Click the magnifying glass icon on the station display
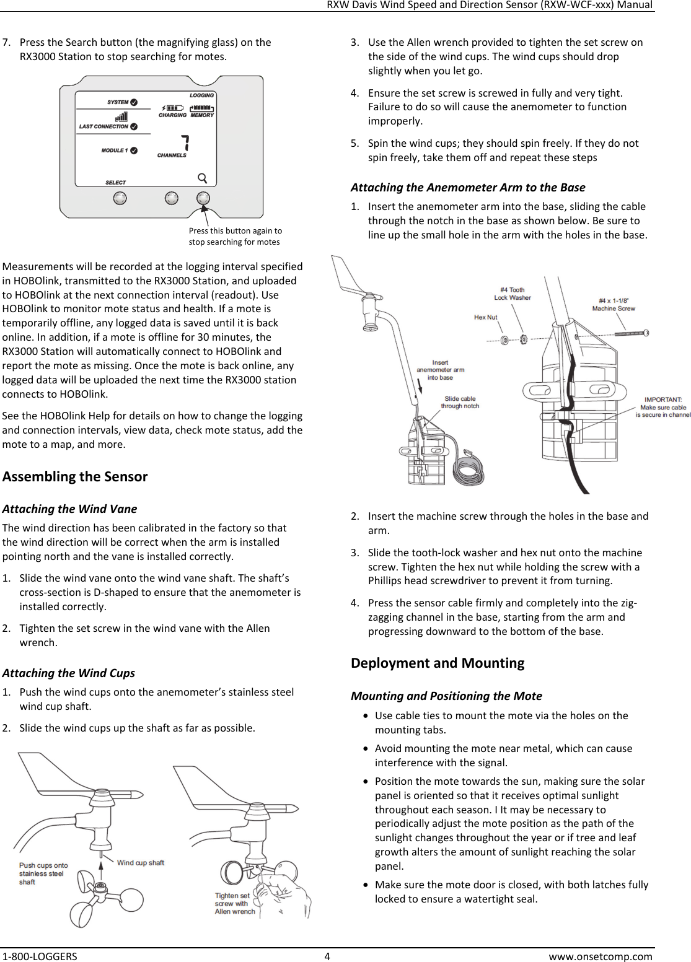click(x=202, y=178)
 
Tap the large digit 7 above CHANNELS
click(x=184, y=142)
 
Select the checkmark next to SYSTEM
click(x=134, y=102)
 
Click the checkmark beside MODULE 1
click(x=134, y=151)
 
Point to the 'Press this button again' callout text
click(x=235, y=236)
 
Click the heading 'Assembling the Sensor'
click(x=75, y=476)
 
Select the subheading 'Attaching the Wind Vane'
click(x=69, y=509)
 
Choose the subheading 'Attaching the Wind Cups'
click(x=68, y=673)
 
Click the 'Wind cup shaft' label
click(x=141, y=862)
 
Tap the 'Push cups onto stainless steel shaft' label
click(x=43, y=873)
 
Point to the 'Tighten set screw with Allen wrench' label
click(x=235, y=903)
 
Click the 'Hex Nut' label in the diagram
click(x=486, y=317)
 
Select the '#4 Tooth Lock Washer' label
click(x=513, y=294)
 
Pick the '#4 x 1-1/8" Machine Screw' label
click(x=614, y=304)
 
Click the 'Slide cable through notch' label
click(x=460, y=402)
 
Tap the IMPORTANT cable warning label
click(x=663, y=407)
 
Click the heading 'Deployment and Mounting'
click(x=438, y=663)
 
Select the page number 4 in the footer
click(x=327, y=956)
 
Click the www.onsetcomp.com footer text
click(x=601, y=956)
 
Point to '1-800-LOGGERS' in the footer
click(x=39, y=956)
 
